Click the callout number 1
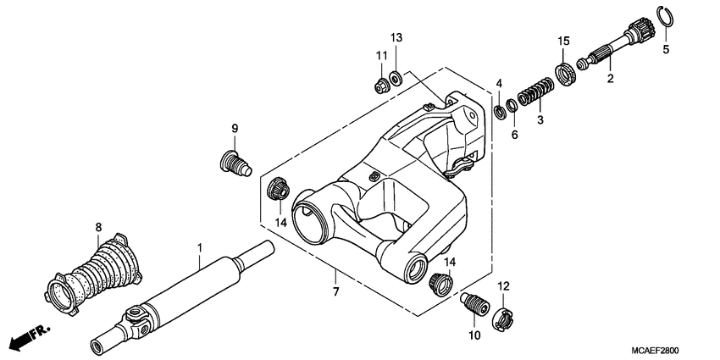point(199,248)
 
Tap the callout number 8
point(98,227)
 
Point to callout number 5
point(665,49)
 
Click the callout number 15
point(563,41)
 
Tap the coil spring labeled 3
point(535,90)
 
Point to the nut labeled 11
point(381,84)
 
